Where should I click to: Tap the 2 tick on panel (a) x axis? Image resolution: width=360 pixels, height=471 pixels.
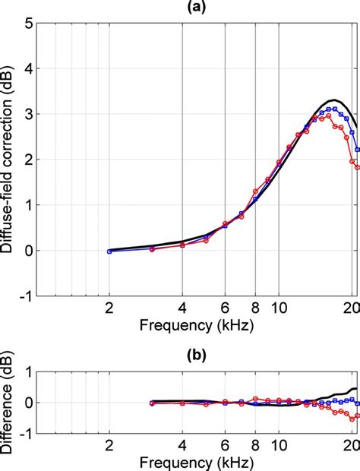(109, 308)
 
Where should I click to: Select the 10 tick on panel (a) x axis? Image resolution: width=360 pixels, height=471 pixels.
(279, 308)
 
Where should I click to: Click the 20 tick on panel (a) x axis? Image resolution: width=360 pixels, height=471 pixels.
(351, 308)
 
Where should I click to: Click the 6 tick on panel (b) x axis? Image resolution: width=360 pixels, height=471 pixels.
(225, 445)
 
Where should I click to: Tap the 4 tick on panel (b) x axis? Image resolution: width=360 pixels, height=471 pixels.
(182, 445)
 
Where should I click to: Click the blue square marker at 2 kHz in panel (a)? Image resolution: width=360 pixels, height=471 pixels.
(109, 251)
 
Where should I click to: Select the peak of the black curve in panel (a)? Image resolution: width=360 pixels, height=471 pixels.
(333, 100)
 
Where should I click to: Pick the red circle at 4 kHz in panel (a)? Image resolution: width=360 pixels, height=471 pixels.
(182, 245)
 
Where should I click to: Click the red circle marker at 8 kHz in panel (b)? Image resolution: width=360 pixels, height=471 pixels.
(255, 397)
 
